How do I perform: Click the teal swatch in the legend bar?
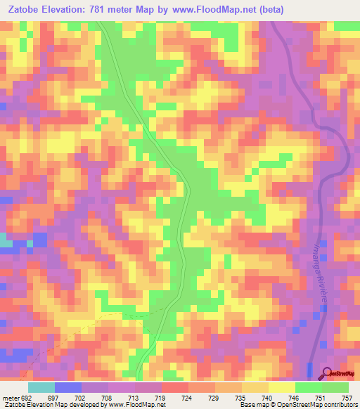[41, 387]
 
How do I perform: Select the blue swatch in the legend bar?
[68, 387]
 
